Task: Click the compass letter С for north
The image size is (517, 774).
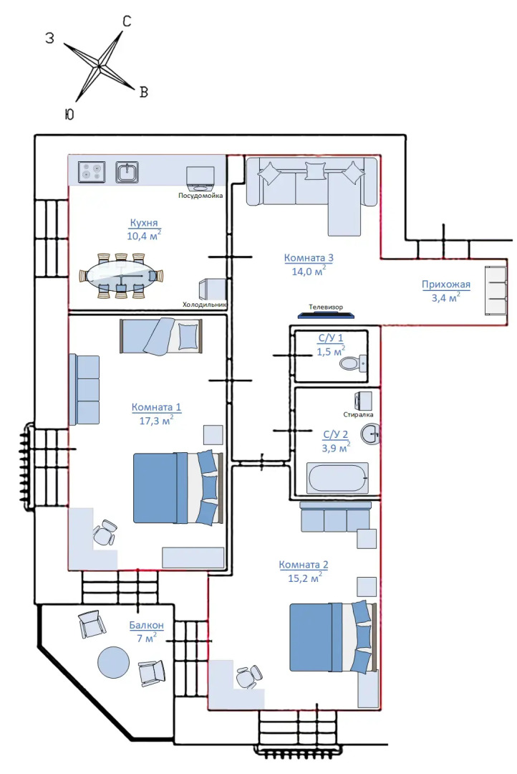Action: tap(127, 21)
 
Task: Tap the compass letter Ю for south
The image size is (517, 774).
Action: tap(69, 114)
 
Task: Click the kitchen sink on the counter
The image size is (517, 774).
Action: tap(127, 172)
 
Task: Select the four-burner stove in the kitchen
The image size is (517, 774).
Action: tap(92, 173)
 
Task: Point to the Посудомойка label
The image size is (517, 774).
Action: tap(200, 196)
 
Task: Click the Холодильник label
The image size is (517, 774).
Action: tap(204, 305)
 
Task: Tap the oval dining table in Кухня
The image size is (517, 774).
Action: tap(121, 276)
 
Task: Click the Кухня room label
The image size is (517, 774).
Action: tap(144, 223)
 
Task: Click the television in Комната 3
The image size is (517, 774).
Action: tap(326, 315)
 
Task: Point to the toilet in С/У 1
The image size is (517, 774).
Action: tap(353, 363)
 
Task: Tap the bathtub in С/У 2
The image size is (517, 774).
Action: tap(337, 478)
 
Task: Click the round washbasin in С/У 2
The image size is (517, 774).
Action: tap(370, 434)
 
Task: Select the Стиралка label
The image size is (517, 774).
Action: tap(358, 415)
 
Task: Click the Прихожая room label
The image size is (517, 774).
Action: tap(446, 285)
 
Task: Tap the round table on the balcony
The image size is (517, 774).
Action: tap(113, 662)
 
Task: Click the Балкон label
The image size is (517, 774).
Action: tap(147, 625)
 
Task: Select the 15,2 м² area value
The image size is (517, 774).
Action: tap(305, 577)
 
